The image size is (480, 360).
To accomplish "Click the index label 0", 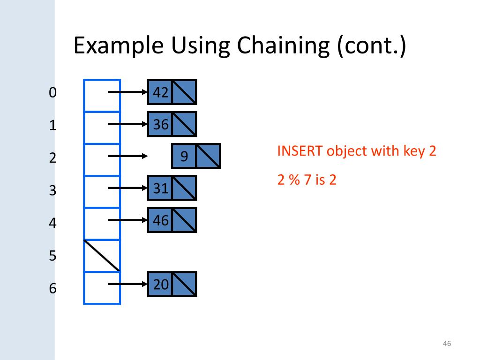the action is click(x=52, y=93).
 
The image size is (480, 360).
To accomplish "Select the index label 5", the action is click(x=52, y=256).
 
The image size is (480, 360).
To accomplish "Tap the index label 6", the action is click(x=52, y=288).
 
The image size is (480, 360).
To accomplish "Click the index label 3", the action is click(x=52, y=191).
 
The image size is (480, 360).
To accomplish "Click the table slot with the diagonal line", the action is click(x=102, y=255).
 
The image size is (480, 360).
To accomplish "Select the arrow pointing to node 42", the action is click(x=127, y=92).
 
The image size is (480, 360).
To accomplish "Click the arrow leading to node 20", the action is click(x=127, y=284).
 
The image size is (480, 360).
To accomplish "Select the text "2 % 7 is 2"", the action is click(x=307, y=180).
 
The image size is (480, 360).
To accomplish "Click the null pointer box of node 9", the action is click(x=208, y=156).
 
